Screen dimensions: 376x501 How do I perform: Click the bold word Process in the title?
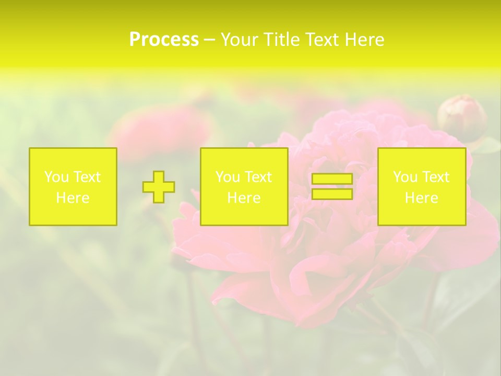point(164,40)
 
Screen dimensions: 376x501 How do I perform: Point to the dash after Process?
point(210,40)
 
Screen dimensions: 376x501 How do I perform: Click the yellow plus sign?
point(159,186)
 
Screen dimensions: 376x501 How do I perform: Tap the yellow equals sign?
point(332,186)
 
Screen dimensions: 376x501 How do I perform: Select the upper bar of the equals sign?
point(332,179)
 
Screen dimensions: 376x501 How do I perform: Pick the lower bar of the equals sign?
point(332,194)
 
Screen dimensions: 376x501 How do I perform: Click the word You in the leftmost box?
point(56,177)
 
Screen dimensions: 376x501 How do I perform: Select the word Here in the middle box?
point(244,198)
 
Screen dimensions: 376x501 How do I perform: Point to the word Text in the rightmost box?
point(435,177)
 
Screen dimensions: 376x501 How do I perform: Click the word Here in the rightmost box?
point(422,198)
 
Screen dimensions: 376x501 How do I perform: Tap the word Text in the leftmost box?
point(86,177)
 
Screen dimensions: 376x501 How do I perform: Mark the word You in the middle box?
point(228,177)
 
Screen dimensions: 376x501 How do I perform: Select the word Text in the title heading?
point(323,40)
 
